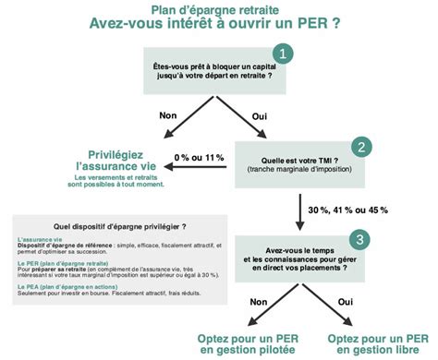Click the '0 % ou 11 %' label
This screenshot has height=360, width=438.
[199, 159]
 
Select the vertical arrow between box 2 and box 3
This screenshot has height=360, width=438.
[301, 211]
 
